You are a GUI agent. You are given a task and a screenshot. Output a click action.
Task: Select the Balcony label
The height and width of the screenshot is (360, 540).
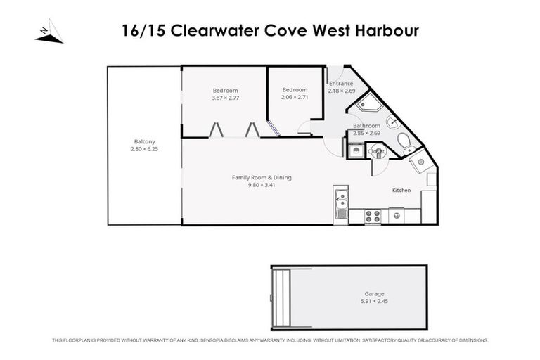coord(144,141)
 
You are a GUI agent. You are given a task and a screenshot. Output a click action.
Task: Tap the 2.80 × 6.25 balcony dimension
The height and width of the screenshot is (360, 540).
coord(144,149)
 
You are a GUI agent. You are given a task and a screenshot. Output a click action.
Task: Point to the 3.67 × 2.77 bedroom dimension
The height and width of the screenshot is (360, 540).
coord(225,98)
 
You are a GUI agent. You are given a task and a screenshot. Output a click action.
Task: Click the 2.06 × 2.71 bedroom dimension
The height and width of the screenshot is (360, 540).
coord(295,97)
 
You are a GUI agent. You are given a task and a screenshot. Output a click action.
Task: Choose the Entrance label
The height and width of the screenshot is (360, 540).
coord(341,84)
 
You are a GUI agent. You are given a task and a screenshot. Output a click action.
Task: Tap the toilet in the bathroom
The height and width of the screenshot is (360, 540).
coord(406,143)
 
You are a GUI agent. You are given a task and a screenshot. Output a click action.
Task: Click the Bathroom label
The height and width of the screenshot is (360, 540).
coord(366,126)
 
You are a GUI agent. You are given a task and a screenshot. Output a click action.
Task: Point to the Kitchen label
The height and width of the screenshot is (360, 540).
coord(401,191)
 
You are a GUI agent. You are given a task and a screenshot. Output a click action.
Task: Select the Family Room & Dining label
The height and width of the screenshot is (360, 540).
coord(262,177)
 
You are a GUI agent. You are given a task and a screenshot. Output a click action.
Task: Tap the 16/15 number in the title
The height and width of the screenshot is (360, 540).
coord(140,32)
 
